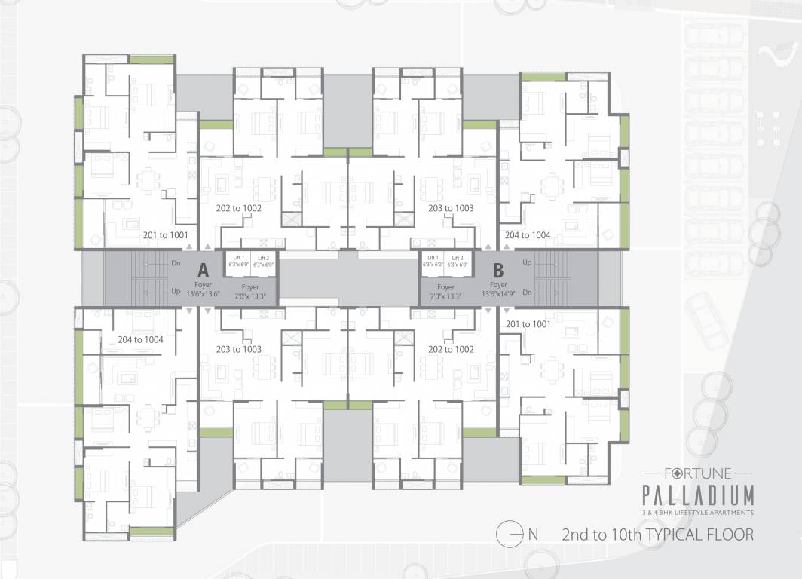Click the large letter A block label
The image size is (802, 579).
[202, 270]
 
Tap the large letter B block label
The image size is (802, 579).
[498, 270]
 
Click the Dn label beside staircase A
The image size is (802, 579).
[176, 264]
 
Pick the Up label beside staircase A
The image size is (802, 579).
[176, 291]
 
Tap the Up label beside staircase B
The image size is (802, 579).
[527, 262]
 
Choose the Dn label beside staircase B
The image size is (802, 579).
[527, 291]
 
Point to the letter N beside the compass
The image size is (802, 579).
[533, 535]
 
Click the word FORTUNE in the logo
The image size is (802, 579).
[697, 474]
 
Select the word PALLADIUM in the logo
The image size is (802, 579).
[697, 496]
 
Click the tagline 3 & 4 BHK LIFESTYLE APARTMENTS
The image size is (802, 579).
[697, 513]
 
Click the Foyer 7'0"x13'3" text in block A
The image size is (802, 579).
[250, 292]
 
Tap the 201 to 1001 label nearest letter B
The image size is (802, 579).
[528, 324]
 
